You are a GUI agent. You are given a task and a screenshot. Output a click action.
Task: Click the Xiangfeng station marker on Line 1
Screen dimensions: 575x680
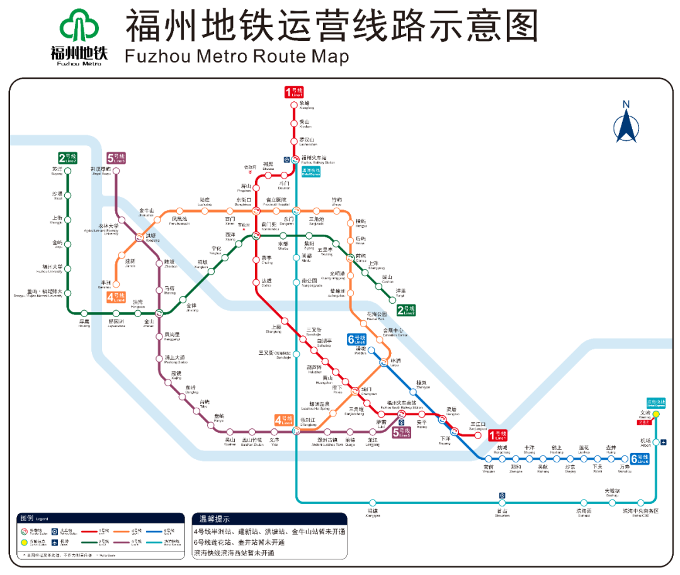click(x=293, y=106)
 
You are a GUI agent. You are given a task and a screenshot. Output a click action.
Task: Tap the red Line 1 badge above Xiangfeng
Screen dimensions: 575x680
click(x=293, y=92)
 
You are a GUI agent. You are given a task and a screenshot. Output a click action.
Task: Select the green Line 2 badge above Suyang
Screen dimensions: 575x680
click(x=67, y=158)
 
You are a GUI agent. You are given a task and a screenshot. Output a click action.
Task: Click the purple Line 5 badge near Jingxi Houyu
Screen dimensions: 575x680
click(x=116, y=158)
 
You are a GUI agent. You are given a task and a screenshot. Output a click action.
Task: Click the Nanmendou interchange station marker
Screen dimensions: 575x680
click(x=256, y=235)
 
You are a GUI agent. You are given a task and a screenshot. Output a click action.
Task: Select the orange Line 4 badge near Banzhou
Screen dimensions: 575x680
click(x=116, y=297)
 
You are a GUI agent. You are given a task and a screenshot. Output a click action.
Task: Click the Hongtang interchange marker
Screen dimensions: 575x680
click(x=140, y=237)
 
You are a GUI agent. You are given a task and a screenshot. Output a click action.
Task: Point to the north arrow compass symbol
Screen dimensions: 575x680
click(x=626, y=123)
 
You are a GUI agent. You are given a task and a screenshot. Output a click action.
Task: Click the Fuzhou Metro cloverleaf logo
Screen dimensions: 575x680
click(x=79, y=28)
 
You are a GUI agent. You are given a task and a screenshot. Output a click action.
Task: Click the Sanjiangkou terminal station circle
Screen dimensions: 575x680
click(x=479, y=434)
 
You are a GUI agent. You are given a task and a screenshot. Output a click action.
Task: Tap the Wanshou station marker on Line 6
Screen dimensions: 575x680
click(x=624, y=459)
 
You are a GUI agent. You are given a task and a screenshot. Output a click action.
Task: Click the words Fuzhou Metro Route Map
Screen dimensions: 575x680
click(x=237, y=57)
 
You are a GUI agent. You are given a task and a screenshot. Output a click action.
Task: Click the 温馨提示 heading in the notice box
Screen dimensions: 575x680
click(x=215, y=520)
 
